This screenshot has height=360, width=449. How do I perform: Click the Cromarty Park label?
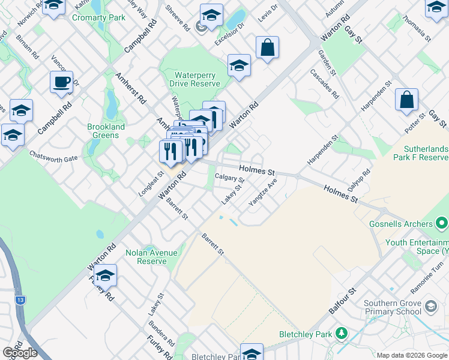click(98, 17)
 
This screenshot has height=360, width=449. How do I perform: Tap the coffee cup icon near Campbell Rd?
click(61, 82)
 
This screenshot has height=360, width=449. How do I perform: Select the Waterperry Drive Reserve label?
click(197, 79)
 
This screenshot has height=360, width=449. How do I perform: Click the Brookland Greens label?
click(106, 131)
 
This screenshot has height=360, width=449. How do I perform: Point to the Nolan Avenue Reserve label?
click(146, 257)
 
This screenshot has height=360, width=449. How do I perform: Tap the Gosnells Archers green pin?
click(442, 224)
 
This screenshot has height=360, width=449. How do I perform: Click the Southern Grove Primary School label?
click(393, 307)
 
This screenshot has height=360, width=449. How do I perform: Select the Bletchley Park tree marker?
click(342, 332)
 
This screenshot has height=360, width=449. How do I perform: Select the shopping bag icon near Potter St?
click(406, 100)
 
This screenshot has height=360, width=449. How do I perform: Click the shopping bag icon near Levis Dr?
click(267, 47)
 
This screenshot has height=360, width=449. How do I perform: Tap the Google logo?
click(20, 352)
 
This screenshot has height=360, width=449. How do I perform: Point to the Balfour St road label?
click(342, 301)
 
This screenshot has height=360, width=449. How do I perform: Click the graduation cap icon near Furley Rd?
click(105, 275)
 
